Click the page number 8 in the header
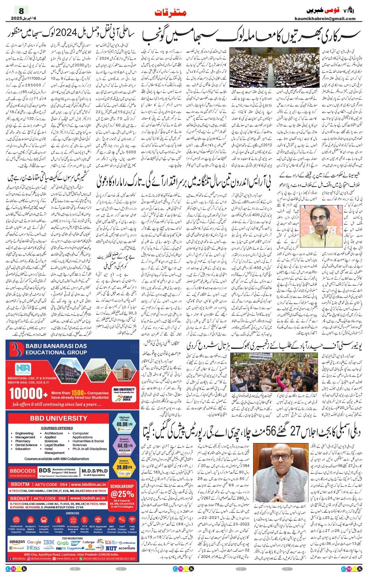(x=21, y=11)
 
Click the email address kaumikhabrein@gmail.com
(x=325, y=18)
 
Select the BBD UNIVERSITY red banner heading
(x=58, y=418)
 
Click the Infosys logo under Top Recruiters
(x=33, y=548)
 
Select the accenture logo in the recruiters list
(x=127, y=548)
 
